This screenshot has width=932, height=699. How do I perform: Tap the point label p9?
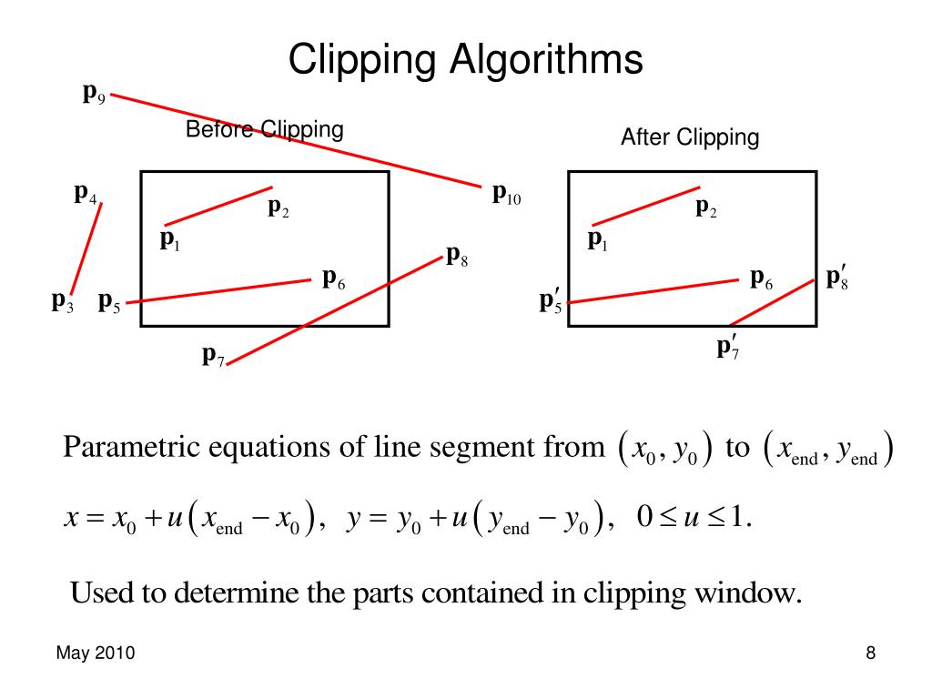[94, 93]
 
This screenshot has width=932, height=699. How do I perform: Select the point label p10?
[506, 195]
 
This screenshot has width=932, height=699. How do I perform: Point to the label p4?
[86, 194]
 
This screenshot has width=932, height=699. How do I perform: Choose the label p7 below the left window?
[214, 355]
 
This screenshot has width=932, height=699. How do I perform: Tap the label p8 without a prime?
[457, 255]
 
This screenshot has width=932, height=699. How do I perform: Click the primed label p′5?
[551, 301]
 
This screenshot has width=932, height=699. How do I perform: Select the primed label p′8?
[836, 278]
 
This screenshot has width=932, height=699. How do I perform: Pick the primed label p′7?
[727, 347]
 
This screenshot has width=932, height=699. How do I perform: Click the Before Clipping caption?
[264, 129]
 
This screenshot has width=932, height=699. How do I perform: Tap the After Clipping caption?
[689, 137]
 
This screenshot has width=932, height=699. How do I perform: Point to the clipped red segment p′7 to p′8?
[772, 302]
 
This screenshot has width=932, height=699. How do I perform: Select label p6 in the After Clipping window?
[761, 279]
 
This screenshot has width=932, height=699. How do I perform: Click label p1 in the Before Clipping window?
[170, 239]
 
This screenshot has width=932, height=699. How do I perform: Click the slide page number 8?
[870, 653]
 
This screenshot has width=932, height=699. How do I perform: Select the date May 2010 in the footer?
[96, 653]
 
